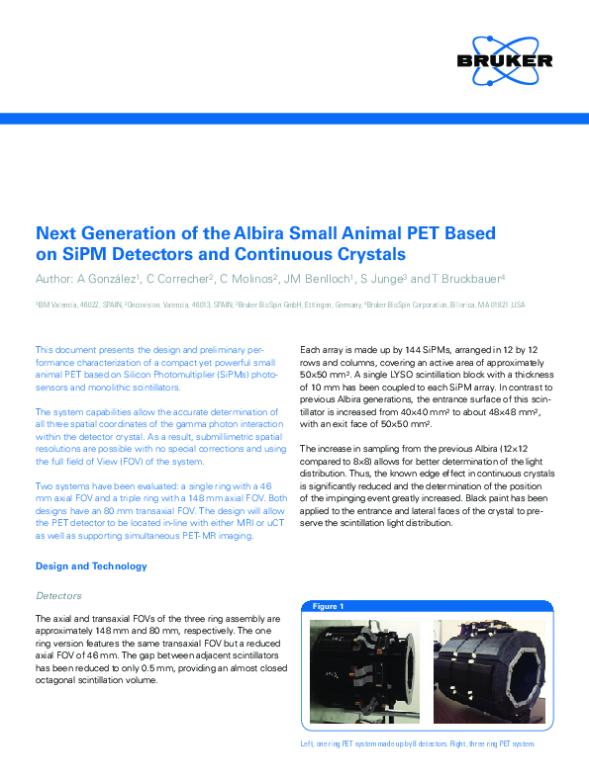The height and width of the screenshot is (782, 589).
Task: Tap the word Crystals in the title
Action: coord(324,253)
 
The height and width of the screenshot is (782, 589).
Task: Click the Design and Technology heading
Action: coord(91,566)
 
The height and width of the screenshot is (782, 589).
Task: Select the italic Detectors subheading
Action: coord(59,596)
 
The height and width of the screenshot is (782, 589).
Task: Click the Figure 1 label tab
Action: coord(328,606)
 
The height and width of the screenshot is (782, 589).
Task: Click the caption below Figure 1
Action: coord(417,743)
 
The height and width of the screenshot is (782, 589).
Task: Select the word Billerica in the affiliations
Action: coord(470,305)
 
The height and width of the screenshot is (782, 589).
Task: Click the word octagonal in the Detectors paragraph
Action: coord(57,682)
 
